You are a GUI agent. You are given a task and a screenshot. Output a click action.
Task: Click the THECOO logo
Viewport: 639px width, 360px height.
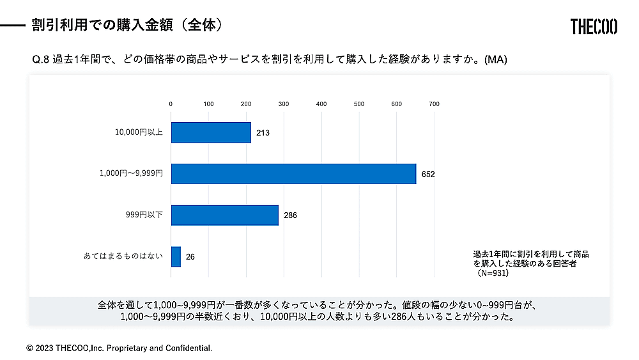[x=594, y=26]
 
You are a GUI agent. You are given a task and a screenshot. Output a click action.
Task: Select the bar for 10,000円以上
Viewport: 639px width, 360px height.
[x=211, y=132]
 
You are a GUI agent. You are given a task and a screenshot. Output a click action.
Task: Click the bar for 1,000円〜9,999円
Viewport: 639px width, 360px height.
[x=293, y=174]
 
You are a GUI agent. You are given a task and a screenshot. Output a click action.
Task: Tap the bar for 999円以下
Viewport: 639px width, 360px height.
[x=225, y=215]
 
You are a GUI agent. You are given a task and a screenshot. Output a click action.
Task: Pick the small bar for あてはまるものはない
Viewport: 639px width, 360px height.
[x=176, y=256]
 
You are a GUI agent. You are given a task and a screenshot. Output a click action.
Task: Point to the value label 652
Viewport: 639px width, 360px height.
[x=428, y=174]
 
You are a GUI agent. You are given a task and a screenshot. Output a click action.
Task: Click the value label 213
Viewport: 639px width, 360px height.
[x=263, y=133]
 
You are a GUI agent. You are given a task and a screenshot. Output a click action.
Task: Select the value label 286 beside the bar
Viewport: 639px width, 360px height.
[x=290, y=215]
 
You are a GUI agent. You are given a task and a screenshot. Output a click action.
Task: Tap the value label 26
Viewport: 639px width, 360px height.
[x=190, y=257]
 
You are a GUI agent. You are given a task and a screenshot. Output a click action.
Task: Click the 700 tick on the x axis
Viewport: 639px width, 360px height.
[x=434, y=104]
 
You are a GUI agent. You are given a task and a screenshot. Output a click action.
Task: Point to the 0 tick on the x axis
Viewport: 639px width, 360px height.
[x=171, y=104]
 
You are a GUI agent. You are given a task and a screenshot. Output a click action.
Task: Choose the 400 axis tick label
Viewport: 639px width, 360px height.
[x=321, y=104]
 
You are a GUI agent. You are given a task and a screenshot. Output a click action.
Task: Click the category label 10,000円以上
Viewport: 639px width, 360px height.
[x=139, y=133]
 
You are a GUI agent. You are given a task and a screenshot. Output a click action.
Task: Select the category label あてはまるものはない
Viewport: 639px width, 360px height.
[x=123, y=256]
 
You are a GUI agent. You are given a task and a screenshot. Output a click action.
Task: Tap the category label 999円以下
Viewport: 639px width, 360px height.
[x=144, y=215]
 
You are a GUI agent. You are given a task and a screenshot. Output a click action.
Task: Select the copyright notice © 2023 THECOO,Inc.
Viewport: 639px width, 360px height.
[x=119, y=348]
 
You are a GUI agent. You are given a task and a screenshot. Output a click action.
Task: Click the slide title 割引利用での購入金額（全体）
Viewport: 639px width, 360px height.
[x=127, y=25]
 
